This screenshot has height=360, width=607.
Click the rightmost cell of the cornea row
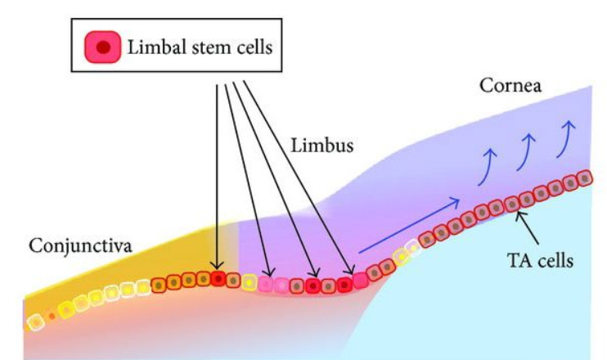[585, 178]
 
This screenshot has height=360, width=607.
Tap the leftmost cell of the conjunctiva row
[34, 321]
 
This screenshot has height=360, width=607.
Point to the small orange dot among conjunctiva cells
[52, 315]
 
